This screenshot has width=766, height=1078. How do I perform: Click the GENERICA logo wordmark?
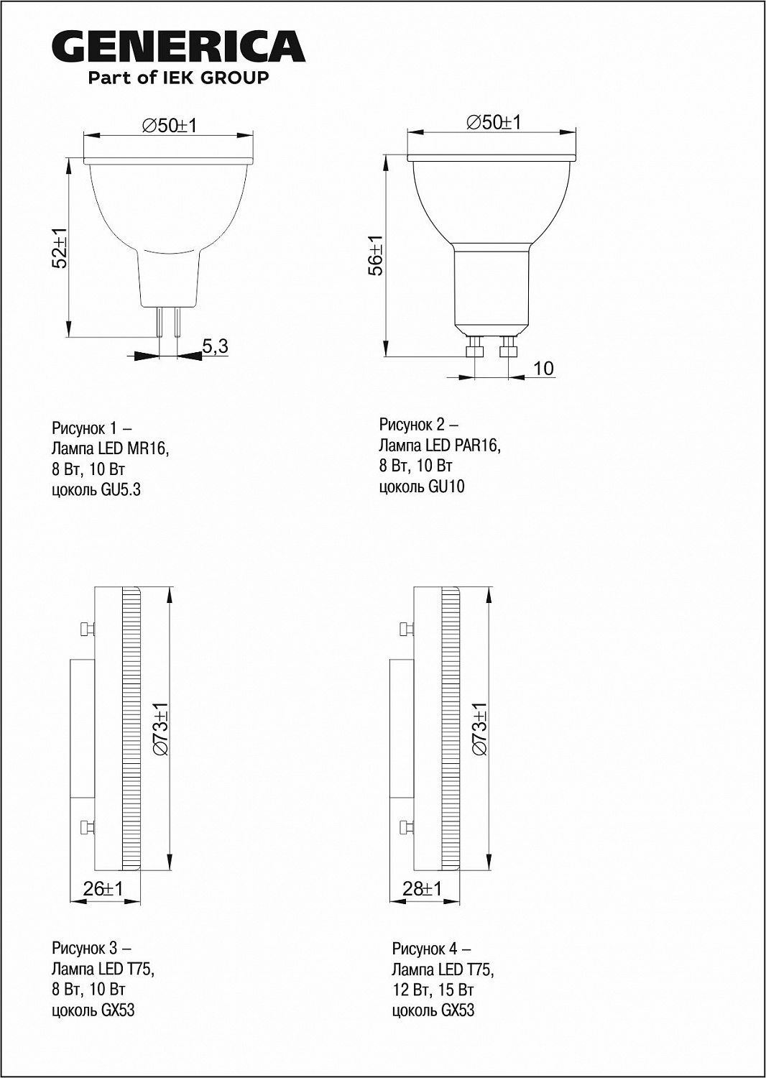point(178,46)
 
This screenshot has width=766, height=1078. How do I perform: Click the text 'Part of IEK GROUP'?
point(178,78)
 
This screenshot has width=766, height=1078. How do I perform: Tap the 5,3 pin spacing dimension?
point(215,346)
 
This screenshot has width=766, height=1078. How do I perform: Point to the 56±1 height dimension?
point(375,255)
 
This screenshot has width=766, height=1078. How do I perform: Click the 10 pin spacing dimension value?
point(544,369)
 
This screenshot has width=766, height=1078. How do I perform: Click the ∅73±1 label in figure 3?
point(161,729)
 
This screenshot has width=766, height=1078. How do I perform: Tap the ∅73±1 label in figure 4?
point(480,729)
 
